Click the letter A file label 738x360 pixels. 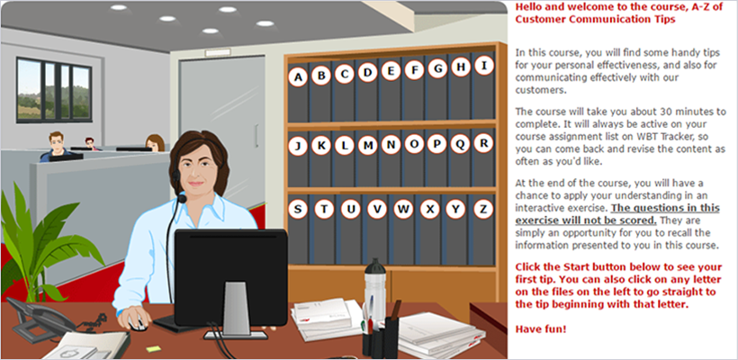(298, 77)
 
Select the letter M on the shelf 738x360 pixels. (367, 146)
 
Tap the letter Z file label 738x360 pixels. (483, 209)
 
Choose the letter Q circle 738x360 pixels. (460, 144)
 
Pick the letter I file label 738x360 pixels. (483, 66)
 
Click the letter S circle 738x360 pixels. (298, 209)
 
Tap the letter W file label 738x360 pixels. (403, 210)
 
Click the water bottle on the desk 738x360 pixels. (374, 287)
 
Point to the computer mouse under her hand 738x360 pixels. (138, 323)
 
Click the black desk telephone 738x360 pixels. (40, 319)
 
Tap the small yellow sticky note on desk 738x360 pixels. (153, 348)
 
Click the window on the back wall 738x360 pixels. (54, 90)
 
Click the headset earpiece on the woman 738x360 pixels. (176, 177)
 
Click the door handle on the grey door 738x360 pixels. (256, 136)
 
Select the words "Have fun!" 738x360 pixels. (541, 328)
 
